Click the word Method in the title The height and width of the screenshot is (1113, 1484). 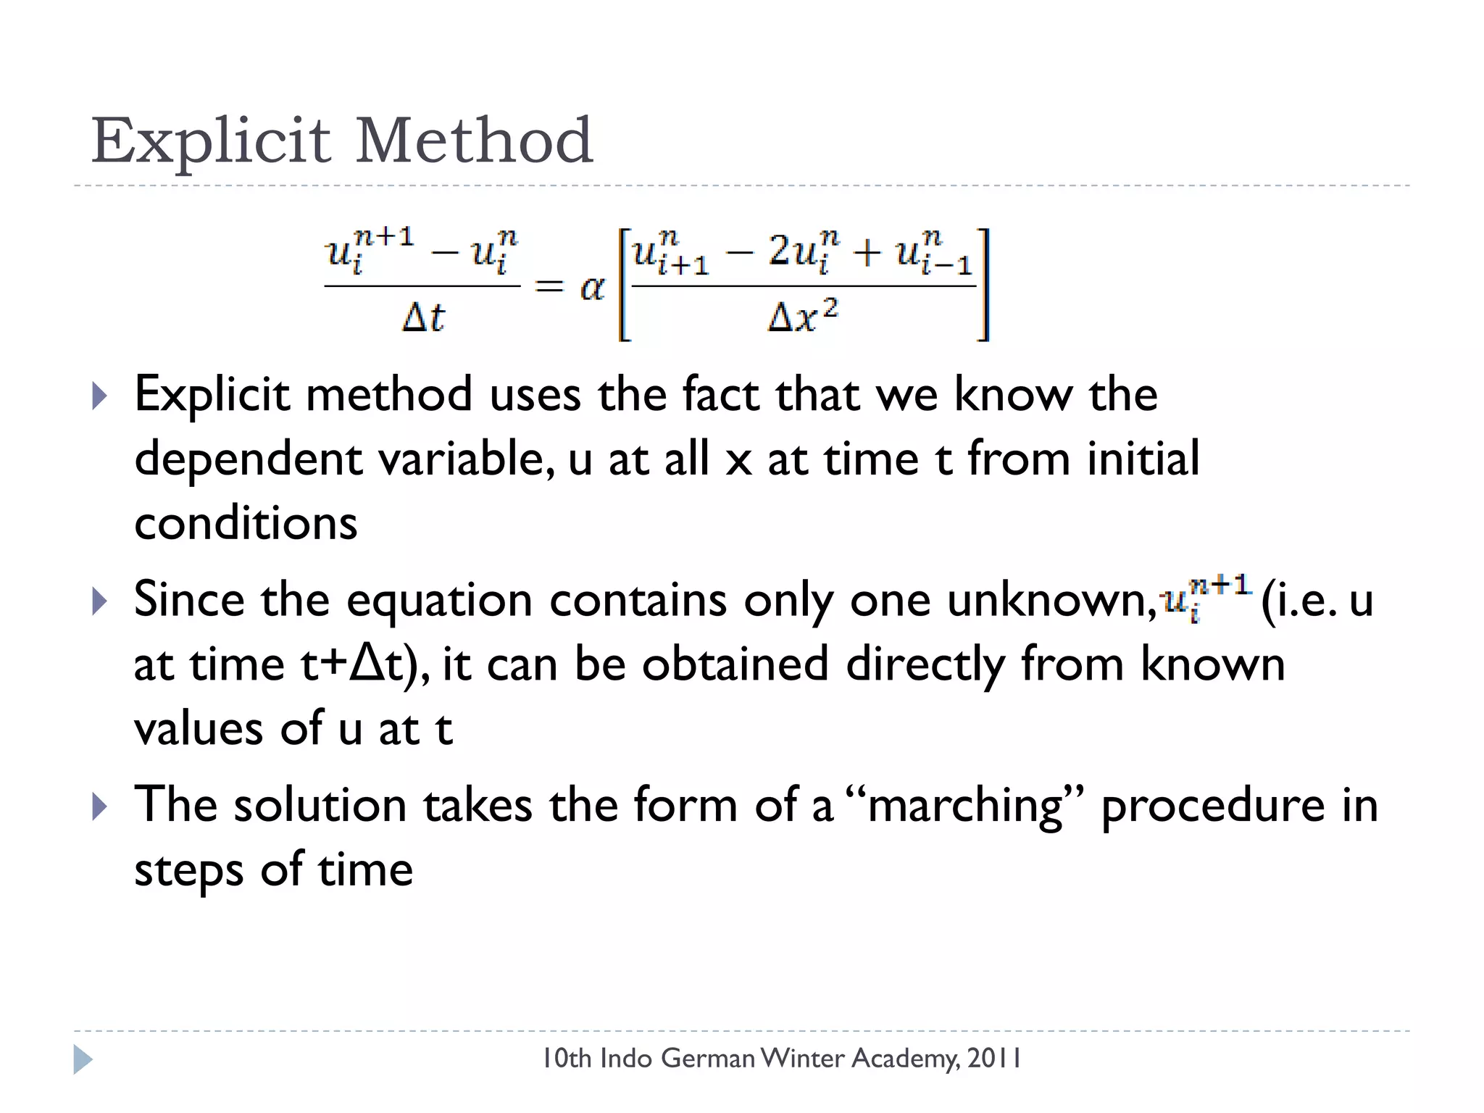coord(474,141)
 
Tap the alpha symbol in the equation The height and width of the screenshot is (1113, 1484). coord(592,288)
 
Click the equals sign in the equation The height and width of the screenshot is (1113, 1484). coord(549,287)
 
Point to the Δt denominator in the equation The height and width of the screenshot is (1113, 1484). coord(423,317)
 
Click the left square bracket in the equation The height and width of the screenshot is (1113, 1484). coord(624,284)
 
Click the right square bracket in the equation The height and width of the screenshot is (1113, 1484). coord(983,284)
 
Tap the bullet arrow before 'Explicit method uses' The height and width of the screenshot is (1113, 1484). coord(100,396)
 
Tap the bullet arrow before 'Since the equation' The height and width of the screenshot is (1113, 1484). coord(100,601)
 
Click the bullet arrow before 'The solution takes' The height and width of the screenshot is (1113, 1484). coord(100,806)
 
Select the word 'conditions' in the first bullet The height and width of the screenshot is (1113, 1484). coord(246,523)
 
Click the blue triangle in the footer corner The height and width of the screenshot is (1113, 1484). coord(83,1059)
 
